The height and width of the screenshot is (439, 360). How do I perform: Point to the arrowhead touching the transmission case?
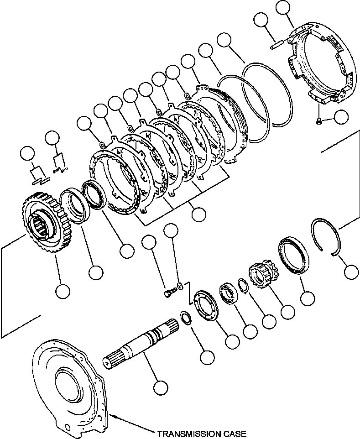[x=112, y=415]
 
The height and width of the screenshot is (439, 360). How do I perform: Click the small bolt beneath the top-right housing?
[x=320, y=120]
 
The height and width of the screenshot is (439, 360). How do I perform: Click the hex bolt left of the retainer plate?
[x=169, y=293]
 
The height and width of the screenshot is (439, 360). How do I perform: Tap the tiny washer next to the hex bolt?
[x=181, y=286]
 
